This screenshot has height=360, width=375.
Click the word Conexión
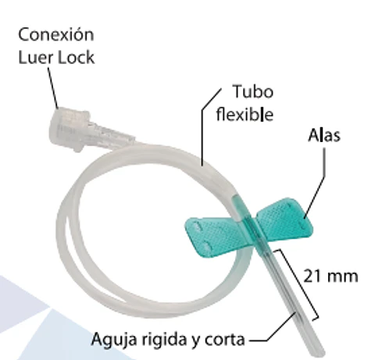[56, 34]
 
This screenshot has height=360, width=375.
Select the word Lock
[76, 58]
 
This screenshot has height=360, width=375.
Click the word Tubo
[253, 91]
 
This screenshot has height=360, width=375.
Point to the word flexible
[245, 114]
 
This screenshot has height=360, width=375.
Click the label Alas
[324, 135]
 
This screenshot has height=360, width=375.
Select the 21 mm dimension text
[330, 276]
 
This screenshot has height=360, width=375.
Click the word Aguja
[114, 340]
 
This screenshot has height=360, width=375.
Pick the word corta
[225, 340]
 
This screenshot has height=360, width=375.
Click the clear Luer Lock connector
[88, 130]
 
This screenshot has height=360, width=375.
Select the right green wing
[284, 218]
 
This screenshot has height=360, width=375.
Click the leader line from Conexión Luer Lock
[53, 88]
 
